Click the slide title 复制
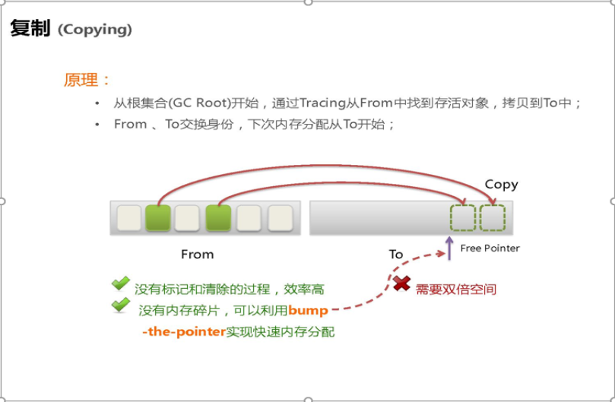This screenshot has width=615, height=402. [x=30, y=30]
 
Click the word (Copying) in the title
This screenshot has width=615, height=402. [x=94, y=30]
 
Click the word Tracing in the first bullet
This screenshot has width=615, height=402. [x=322, y=103]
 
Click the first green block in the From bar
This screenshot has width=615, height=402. [x=157, y=217]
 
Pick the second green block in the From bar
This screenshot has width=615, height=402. [x=218, y=217]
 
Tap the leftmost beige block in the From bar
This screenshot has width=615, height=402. [x=128, y=217]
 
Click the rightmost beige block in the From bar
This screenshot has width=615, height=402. [x=280, y=217]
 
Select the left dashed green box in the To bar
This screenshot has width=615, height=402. [x=461, y=217]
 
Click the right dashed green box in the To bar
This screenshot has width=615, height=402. [x=492, y=217]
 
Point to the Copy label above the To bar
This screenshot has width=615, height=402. [x=501, y=185]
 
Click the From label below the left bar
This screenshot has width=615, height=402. [x=197, y=254]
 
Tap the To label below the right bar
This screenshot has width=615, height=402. [x=396, y=254]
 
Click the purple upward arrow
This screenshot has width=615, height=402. [x=449, y=247]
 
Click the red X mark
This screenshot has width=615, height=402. [x=402, y=284]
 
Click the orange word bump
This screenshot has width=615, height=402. [x=308, y=310]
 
